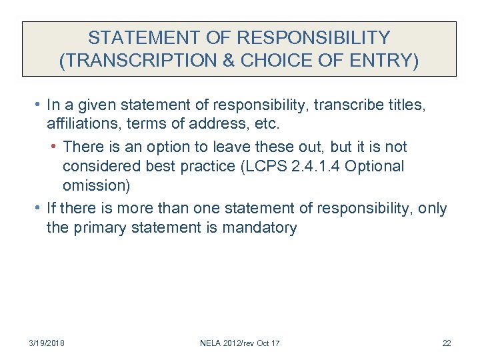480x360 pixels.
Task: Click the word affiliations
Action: coord(80,125)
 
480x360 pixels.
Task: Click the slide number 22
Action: coord(447,343)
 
